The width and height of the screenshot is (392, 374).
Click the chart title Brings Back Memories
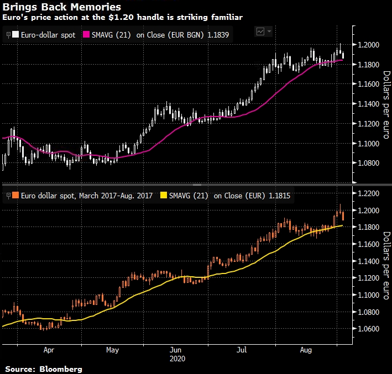(62, 7)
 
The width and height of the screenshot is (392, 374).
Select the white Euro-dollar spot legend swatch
(16, 34)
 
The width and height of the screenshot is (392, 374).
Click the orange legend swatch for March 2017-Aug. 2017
(16, 195)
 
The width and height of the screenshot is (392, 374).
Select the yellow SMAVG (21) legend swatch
(163, 195)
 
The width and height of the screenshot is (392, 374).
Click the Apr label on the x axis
(49, 350)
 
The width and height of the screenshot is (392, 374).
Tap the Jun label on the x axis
(176, 350)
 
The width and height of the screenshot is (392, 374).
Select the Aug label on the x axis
(304, 350)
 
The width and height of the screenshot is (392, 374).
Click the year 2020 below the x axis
(176, 358)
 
